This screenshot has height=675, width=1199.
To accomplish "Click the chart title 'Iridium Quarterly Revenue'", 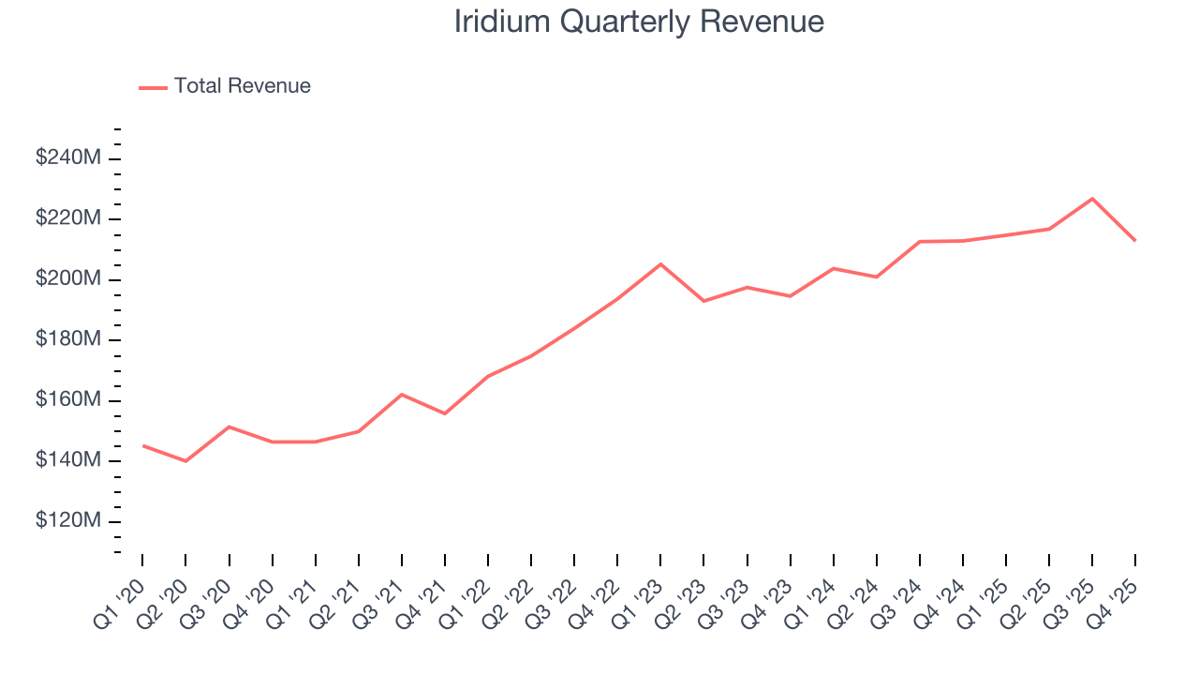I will [x=639, y=22].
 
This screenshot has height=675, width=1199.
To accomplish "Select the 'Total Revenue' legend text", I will [x=242, y=86].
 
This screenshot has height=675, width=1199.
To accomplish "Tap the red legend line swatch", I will [x=153, y=87].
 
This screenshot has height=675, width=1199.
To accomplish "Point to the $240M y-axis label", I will [x=67, y=158].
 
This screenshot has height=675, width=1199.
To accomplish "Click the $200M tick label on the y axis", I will [x=67, y=279].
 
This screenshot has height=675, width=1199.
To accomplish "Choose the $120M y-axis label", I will [x=67, y=521].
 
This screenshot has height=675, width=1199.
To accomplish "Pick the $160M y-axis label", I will [x=67, y=400].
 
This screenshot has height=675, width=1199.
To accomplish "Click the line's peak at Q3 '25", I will [x=1092, y=199].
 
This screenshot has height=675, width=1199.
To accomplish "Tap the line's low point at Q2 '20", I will [x=185, y=461].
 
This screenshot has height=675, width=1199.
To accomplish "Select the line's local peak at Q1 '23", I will [x=660, y=264].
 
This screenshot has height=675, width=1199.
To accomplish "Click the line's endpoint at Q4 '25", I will [x=1135, y=241].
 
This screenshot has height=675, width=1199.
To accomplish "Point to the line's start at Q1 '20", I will [x=142, y=445].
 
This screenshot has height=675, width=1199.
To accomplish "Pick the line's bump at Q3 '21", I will [x=402, y=395].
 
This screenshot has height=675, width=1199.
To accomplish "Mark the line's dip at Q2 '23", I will [x=703, y=301].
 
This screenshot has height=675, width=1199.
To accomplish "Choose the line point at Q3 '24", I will [x=920, y=242].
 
